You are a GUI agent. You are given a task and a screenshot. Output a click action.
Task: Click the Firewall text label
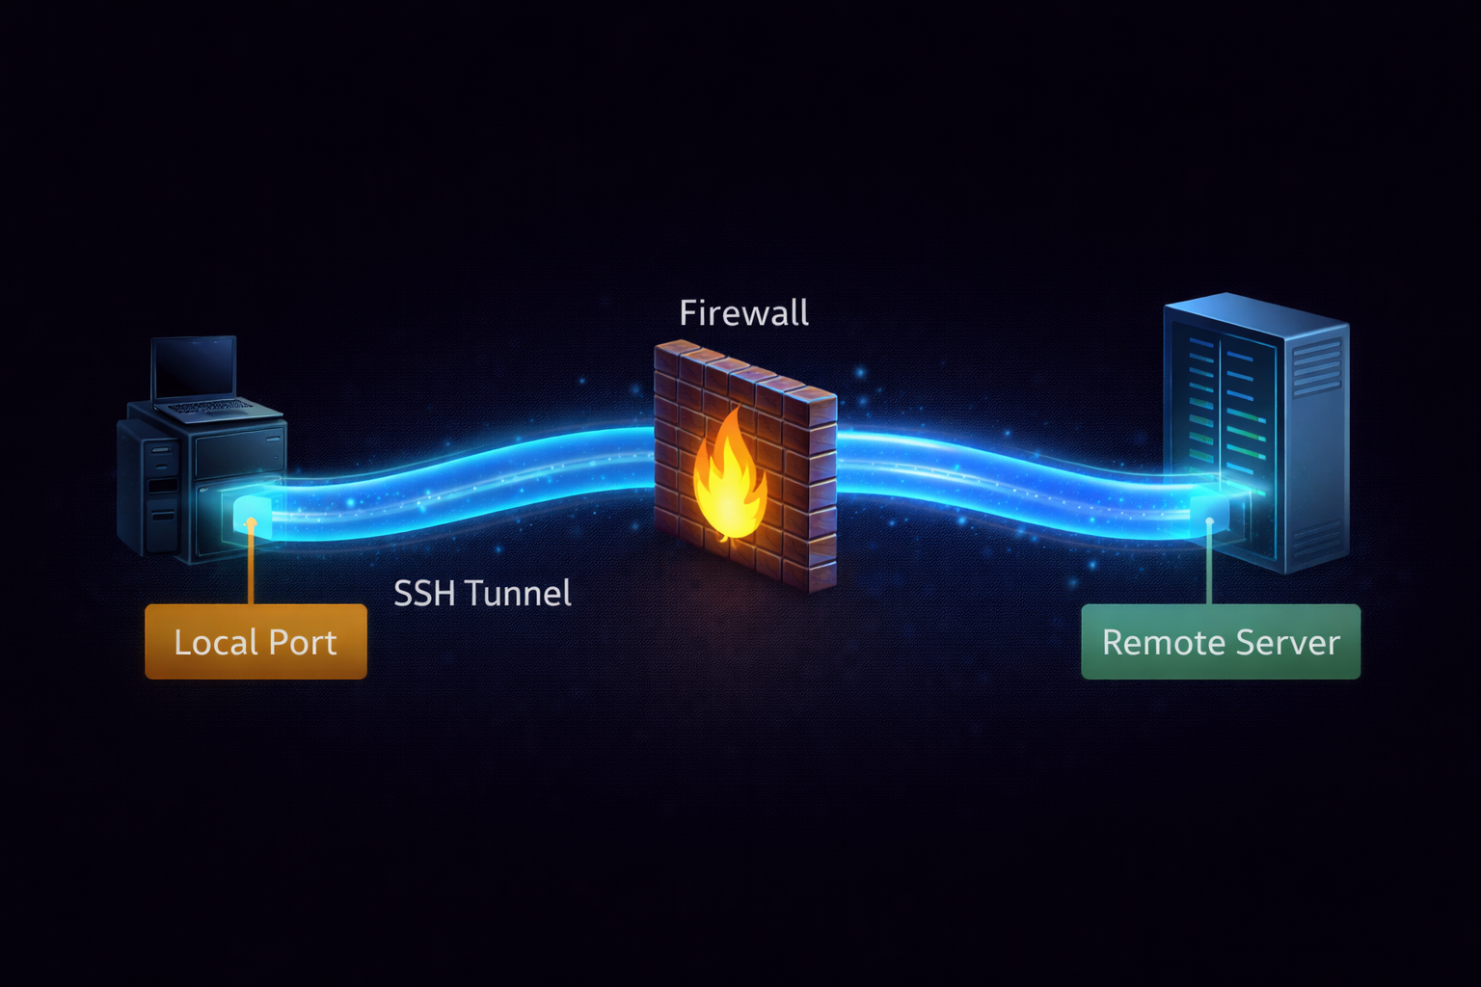[x=743, y=313]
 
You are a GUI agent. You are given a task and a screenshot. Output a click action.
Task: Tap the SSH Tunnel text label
[x=482, y=593]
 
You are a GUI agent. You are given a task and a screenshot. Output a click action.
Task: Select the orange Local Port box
[x=256, y=642]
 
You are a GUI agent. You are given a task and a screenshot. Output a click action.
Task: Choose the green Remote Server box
[x=1221, y=642]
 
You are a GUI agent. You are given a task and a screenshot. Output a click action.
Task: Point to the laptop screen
[x=194, y=367]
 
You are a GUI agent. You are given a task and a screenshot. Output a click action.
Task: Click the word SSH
[x=424, y=593]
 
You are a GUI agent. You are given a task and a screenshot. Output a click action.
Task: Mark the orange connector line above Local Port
[x=251, y=569]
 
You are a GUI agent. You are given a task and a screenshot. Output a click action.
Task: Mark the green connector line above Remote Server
[x=1209, y=569]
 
